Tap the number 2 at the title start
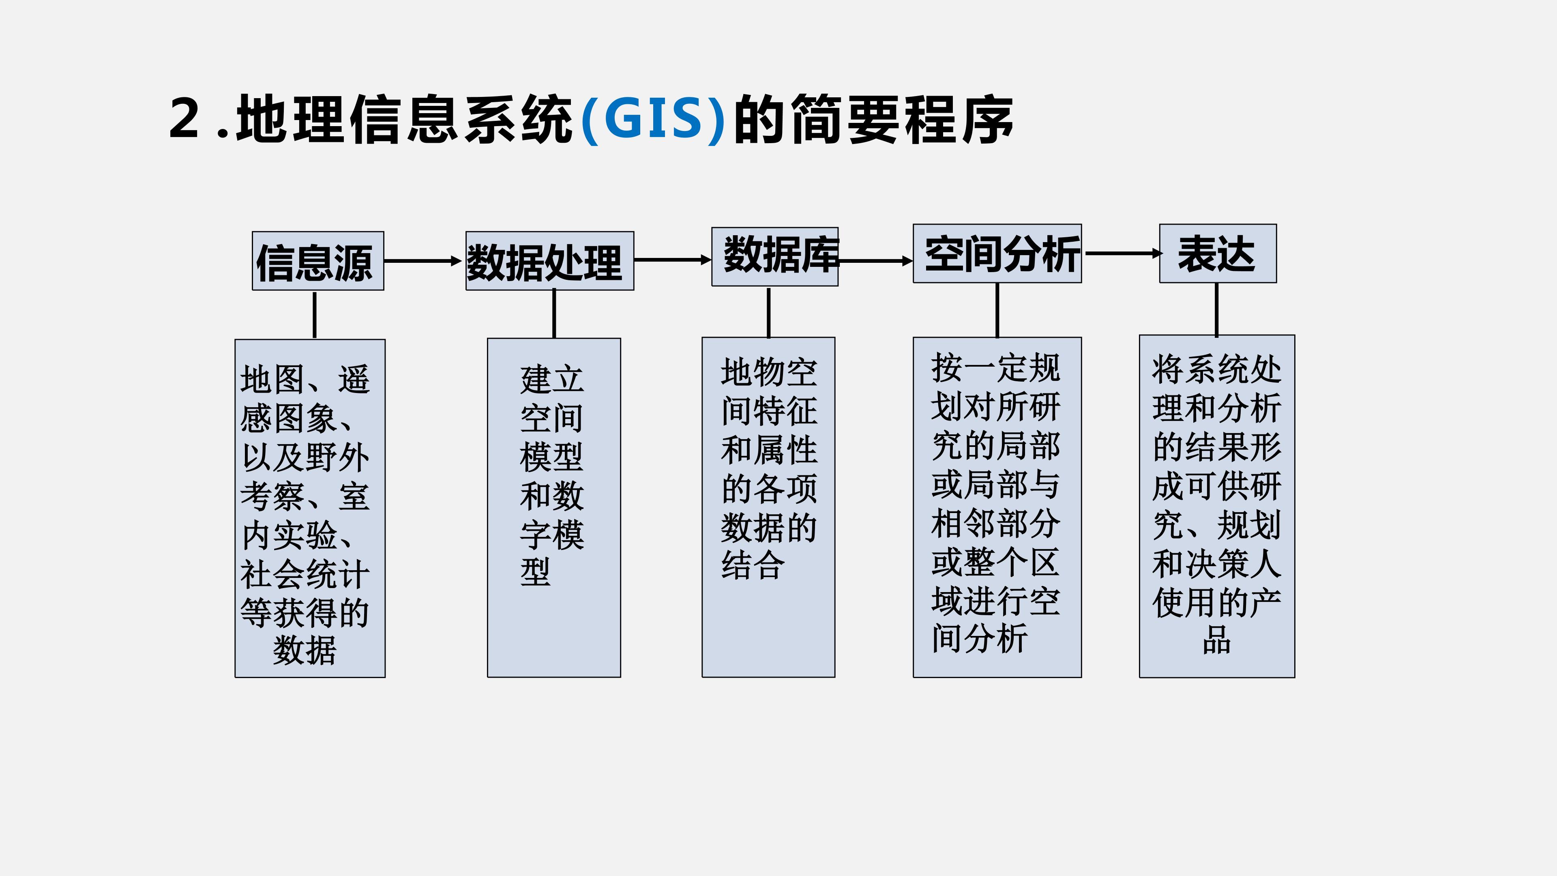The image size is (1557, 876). [184, 118]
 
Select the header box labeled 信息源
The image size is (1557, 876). [318, 260]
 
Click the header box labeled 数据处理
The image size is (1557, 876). [549, 260]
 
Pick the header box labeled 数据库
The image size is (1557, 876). [775, 256]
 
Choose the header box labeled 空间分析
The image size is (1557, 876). [997, 253]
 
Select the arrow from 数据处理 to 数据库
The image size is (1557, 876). [673, 260]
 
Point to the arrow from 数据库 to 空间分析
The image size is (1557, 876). [876, 261]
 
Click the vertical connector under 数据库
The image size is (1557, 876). [769, 313]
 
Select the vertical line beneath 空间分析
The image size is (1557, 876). [997, 310]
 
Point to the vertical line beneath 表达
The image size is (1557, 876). [1217, 309]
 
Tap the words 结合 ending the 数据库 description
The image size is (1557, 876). [753, 565]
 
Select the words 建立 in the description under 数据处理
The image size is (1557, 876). [552, 379]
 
